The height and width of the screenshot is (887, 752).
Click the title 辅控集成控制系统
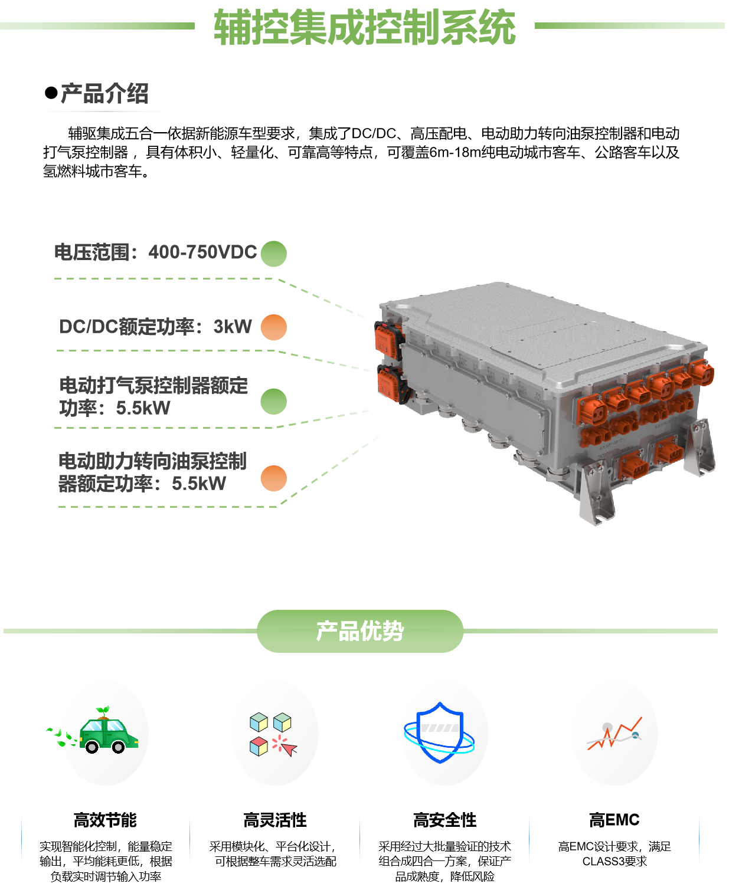pyautogui.click(x=364, y=27)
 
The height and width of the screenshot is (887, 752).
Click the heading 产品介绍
pyautogui.click(x=104, y=94)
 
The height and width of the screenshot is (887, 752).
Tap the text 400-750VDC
pyautogui.click(x=202, y=252)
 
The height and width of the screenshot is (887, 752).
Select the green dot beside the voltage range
pyautogui.click(x=273, y=254)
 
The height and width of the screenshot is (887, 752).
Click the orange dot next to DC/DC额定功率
pyautogui.click(x=273, y=327)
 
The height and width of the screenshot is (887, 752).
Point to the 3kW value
pyautogui.click(x=233, y=327)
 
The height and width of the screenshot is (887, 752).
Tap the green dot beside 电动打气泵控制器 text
pyautogui.click(x=273, y=402)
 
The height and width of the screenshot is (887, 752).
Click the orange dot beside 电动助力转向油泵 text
pyautogui.click(x=273, y=478)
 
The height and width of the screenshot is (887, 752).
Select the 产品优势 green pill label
pyautogui.click(x=360, y=631)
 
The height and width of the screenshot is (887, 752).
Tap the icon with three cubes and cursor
pyautogui.click(x=274, y=734)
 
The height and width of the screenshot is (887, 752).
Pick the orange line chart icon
pyautogui.click(x=614, y=734)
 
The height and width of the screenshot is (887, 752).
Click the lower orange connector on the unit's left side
pyautogui.click(x=390, y=382)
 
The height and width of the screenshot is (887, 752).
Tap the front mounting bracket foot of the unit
pyautogui.click(x=597, y=495)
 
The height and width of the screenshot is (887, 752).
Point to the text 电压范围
pyautogui.click(x=92, y=252)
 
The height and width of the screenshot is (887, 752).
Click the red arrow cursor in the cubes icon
pyautogui.click(x=289, y=748)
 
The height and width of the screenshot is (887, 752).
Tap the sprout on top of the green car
pyautogui.click(x=103, y=711)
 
